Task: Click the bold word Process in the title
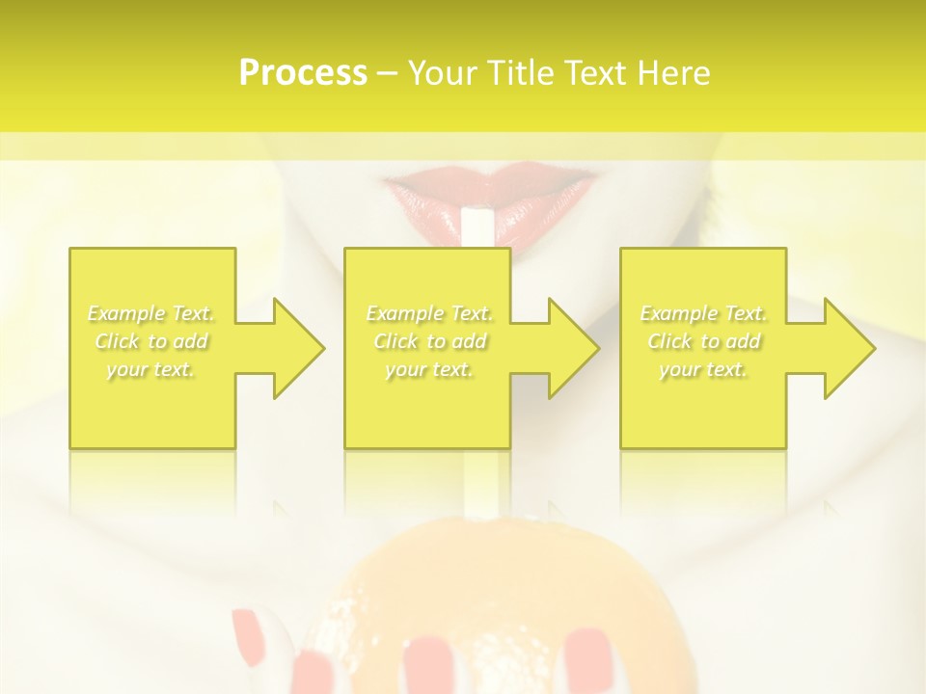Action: coord(303,73)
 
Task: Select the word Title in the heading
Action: coord(519,73)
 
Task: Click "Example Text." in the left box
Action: coord(151,313)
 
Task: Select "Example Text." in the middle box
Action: coord(429,313)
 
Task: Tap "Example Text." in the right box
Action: coord(703,313)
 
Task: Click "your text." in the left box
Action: coord(151,369)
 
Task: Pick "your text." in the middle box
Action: coord(429,369)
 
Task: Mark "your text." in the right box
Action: coord(703,369)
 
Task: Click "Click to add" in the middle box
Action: coord(429,341)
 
